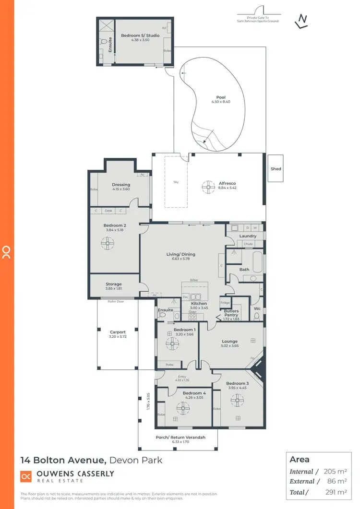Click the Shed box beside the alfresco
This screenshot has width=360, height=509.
[276, 169]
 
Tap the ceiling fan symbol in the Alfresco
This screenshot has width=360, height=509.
[208, 187]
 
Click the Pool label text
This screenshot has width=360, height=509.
[221, 97]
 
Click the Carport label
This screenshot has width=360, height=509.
[118, 332]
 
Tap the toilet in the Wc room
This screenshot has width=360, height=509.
[256, 316]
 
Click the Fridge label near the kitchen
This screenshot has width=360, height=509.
[225, 303]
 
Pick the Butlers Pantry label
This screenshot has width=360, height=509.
[234, 313]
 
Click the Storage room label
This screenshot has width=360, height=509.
[114, 284]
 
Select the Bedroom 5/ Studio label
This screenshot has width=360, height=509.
[133, 36]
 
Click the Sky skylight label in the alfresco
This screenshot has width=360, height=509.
[176, 182]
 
